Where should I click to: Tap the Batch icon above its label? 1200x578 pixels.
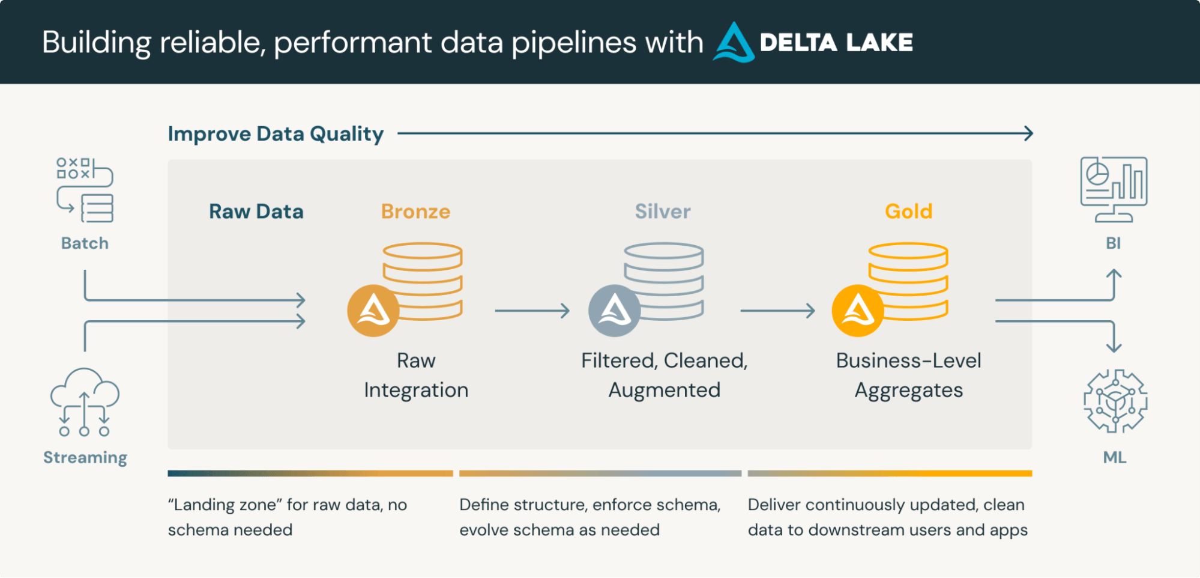85,190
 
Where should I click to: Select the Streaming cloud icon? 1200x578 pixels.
85,401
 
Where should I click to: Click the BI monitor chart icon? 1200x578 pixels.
1114,189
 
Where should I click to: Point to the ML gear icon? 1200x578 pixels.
1115,401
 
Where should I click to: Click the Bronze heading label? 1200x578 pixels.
415,211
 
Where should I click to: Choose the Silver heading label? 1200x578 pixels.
663,211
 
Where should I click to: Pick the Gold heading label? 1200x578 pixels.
908,211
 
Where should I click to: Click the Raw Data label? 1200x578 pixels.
256,211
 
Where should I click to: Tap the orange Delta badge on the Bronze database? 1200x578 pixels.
373,311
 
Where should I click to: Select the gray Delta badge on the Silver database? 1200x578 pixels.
614,311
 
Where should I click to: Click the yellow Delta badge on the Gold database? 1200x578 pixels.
858,311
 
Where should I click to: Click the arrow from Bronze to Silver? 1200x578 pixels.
532,311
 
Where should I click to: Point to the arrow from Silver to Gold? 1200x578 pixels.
777,311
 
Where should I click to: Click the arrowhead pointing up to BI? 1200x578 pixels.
1114,273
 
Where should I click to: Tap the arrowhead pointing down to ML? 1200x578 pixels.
1114,347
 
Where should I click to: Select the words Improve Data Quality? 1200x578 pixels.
276,134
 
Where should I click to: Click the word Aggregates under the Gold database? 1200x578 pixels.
908,391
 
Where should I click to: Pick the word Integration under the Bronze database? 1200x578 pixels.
416,391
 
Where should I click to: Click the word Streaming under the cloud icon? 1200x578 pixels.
85,458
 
